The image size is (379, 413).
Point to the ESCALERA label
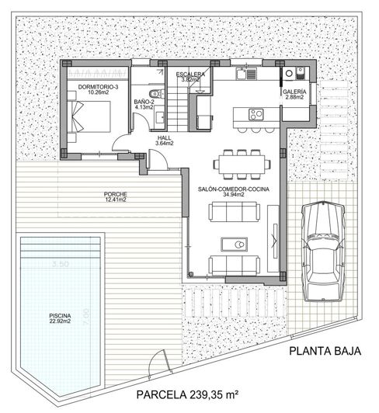190,74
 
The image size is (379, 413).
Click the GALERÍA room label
294,92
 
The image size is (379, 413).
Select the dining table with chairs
242,164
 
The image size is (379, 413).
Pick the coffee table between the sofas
237,245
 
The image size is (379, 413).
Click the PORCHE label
114,194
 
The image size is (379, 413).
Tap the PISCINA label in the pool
60,316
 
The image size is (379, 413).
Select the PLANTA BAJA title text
325,351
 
